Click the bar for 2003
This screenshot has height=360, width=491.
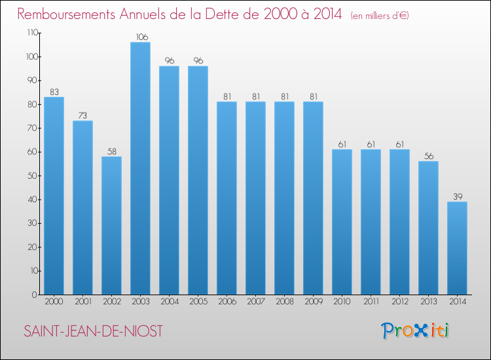pyautogui.click(x=140, y=168)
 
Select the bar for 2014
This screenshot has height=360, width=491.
pyautogui.click(x=457, y=248)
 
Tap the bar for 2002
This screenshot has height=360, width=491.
pyautogui.click(x=111, y=225)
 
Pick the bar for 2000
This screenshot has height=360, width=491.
pyautogui.click(x=54, y=196)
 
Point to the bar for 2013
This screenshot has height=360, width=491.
pyautogui.click(x=428, y=228)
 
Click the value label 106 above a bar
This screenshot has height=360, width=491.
pyautogui.click(x=140, y=37)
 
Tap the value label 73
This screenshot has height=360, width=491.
pyautogui.click(x=82, y=116)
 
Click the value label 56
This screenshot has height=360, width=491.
pyautogui.click(x=428, y=156)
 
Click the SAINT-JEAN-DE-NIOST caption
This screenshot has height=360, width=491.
pyautogui.click(x=93, y=331)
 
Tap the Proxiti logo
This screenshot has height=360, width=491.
pyautogui.click(x=415, y=331)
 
